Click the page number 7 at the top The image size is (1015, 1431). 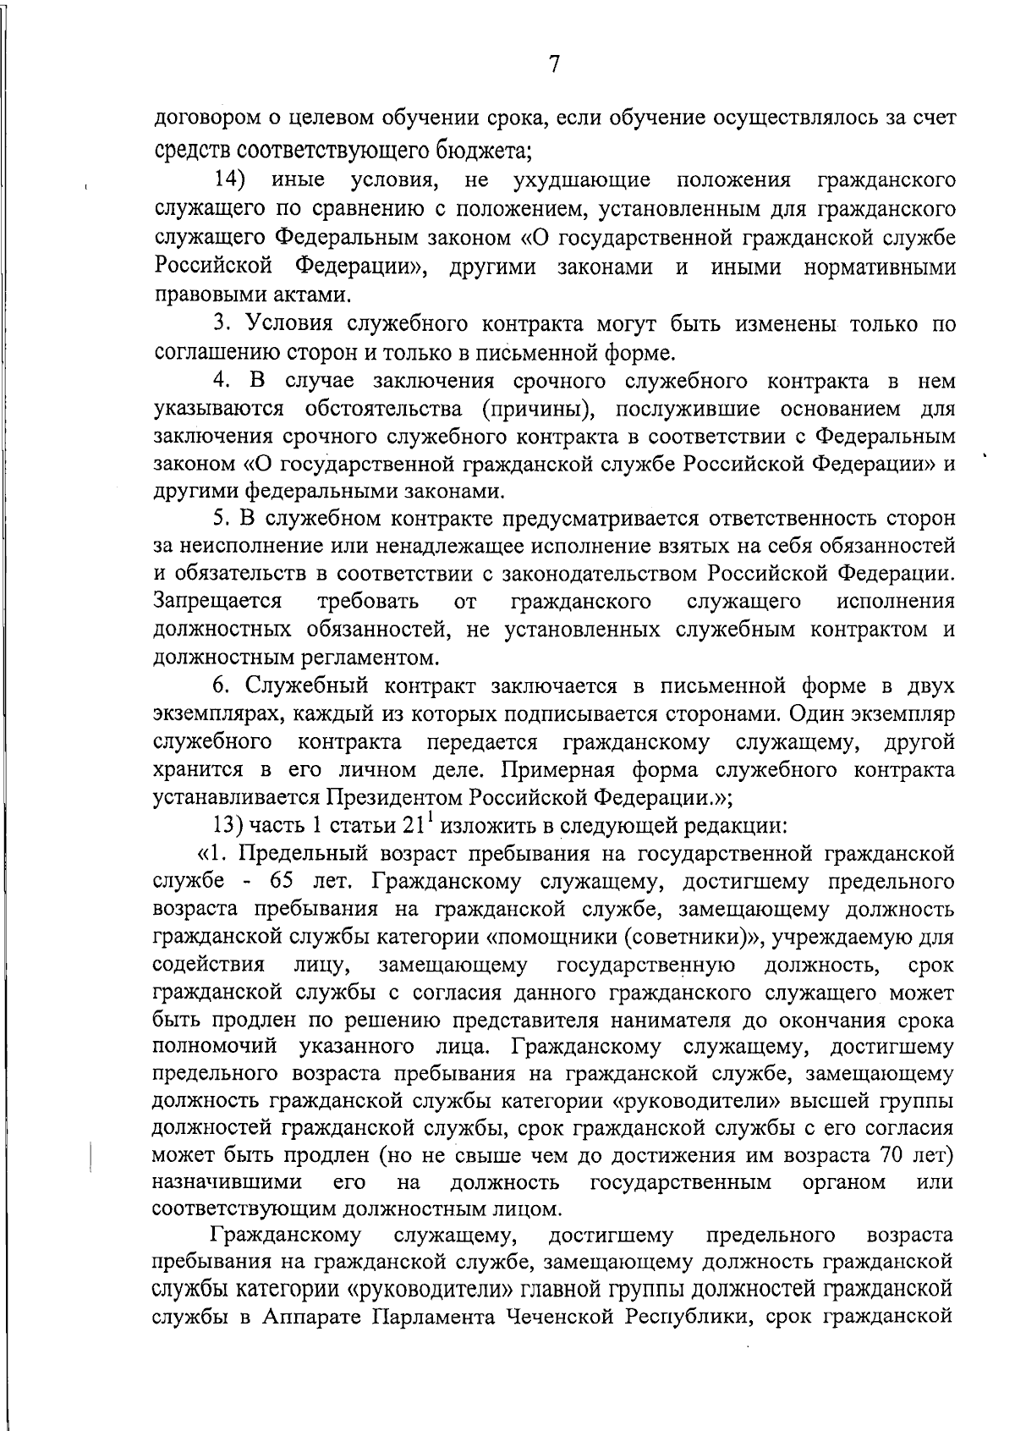[x=555, y=64]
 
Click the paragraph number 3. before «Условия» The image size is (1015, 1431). [x=222, y=323]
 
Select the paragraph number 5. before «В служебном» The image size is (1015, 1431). [x=222, y=518]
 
